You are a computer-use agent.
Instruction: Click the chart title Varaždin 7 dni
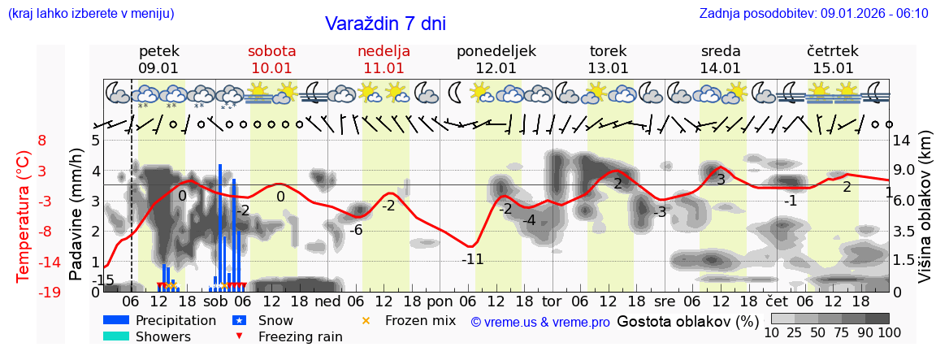pos(385,24)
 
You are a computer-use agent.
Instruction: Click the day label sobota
pos(271,51)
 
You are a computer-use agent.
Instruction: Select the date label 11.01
pos(383,68)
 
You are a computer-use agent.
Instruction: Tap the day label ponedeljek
pos(496,51)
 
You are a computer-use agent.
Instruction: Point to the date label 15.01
pos(833,68)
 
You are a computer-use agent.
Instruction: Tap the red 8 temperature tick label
pos(42,141)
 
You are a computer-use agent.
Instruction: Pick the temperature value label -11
pos(473,260)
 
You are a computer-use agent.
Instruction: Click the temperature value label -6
pos(355,230)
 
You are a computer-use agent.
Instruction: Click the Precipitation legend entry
pos(175,320)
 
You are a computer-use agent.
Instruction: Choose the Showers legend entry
pos(162,336)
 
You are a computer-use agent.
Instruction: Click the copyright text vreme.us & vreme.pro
pos(540,322)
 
